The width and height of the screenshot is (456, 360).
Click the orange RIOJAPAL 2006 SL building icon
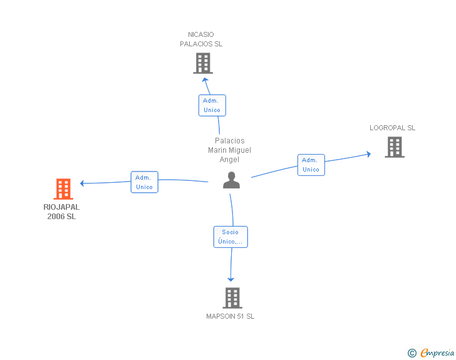[x=63, y=189]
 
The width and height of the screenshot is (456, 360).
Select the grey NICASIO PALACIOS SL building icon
[x=202, y=63]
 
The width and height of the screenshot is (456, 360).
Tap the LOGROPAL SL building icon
[x=394, y=147]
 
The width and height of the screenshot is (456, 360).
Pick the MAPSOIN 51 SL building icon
[x=232, y=298]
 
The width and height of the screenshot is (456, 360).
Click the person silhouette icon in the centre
[x=232, y=180]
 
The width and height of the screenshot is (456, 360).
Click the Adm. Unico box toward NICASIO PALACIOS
[x=212, y=105]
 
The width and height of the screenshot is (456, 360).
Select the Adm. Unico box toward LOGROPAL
[x=311, y=165]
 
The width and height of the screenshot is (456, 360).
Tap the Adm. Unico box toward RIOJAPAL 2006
[x=144, y=182]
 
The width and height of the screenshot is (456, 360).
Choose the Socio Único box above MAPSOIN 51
[x=230, y=237]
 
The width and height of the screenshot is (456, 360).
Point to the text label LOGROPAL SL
[x=392, y=128]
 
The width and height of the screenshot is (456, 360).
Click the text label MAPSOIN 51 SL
[x=231, y=316]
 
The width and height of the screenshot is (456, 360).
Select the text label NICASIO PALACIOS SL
[x=201, y=39]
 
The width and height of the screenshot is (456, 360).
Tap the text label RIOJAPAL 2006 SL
[x=61, y=212]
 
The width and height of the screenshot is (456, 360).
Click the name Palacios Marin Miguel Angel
[x=229, y=150]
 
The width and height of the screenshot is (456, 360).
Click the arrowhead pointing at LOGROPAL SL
[x=368, y=153]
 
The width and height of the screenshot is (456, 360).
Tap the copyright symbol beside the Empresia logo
[x=412, y=354]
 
